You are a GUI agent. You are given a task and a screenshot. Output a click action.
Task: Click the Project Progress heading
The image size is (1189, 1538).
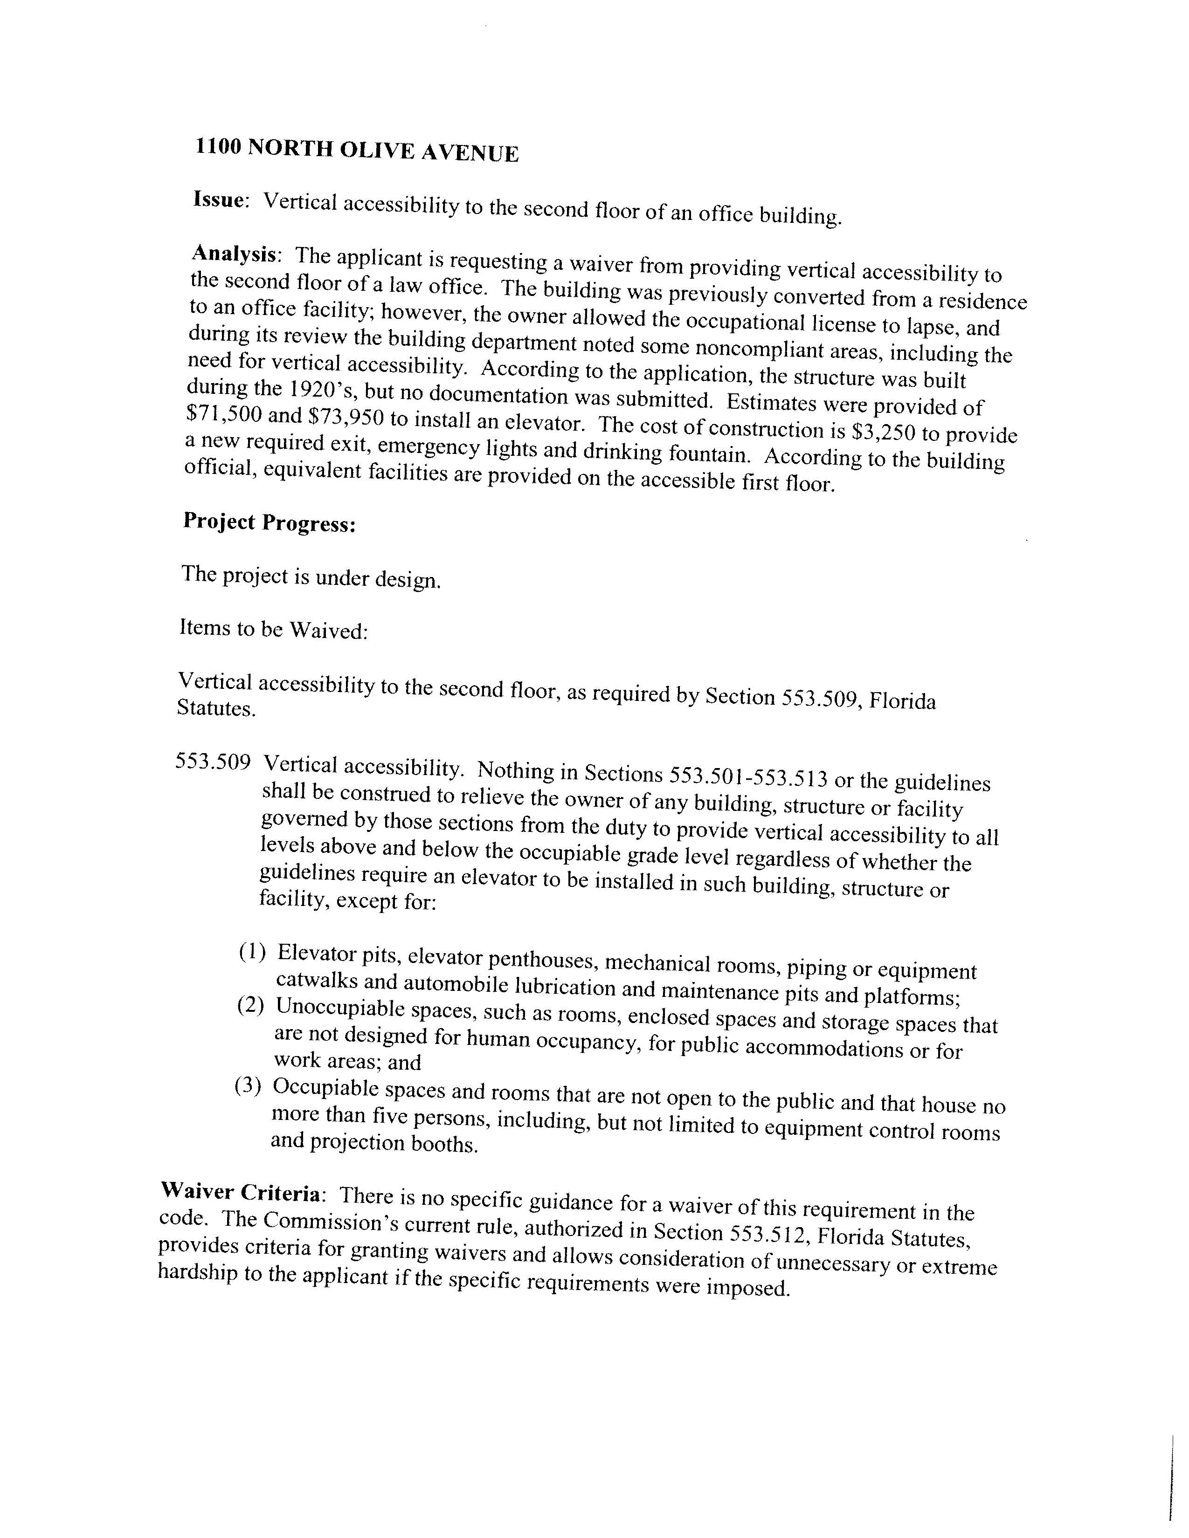[269, 522]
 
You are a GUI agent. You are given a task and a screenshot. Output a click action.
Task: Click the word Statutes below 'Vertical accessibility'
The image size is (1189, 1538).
[215, 708]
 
